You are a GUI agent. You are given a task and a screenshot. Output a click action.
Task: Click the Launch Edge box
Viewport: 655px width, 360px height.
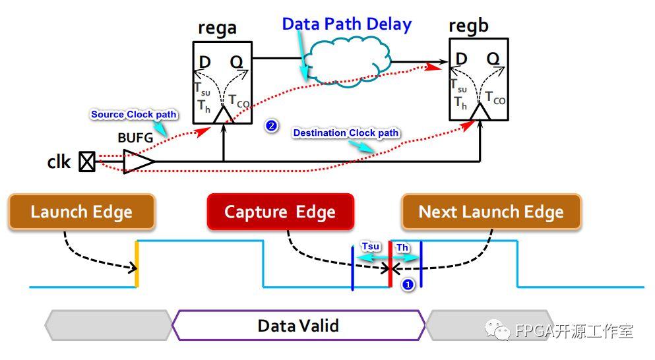[x=82, y=212]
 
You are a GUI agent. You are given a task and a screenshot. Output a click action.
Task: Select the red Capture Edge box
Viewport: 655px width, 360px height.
[x=280, y=212]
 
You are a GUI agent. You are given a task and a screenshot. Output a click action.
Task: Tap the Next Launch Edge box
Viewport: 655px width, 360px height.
[x=491, y=212]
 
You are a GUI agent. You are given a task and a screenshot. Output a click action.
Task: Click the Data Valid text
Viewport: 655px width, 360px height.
[x=298, y=326]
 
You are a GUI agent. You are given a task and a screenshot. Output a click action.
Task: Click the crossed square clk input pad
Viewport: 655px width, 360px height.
[x=87, y=162]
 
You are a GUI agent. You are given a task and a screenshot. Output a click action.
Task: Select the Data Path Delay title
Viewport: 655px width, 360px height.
[x=346, y=25]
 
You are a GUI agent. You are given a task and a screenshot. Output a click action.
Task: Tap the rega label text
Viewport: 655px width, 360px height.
[x=217, y=29]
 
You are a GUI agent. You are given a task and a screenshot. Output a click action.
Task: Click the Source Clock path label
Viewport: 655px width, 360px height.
[x=133, y=115]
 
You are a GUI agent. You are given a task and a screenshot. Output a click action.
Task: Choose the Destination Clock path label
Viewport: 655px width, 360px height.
[x=346, y=133]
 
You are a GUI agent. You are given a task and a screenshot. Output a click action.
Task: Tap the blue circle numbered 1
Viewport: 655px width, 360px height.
[x=408, y=285]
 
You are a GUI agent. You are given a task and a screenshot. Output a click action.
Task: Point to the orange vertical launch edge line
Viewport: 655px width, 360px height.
[x=137, y=264]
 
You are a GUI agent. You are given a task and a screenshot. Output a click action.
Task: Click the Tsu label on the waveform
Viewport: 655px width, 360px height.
[x=371, y=246]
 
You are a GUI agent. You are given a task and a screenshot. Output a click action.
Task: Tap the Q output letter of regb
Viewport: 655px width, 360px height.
[x=492, y=59]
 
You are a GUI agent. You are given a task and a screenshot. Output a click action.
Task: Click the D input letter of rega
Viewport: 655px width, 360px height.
[x=205, y=62]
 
